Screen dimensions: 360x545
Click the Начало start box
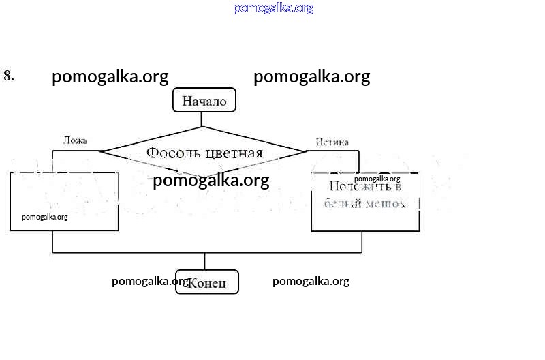click(x=204, y=101)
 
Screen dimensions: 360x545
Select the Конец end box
click(x=207, y=282)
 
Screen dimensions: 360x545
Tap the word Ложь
click(x=75, y=140)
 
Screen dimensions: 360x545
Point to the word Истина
click(x=332, y=142)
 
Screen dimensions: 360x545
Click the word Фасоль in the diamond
click(x=169, y=152)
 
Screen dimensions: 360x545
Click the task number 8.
click(x=9, y=76)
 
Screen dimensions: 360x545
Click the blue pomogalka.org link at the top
click(x=273, y=8)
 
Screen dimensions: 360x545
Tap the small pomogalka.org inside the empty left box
click(x=45, y=217)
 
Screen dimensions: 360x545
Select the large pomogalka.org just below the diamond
click(x=211, y=181)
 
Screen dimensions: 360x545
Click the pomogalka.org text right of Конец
click(x=311, y=281)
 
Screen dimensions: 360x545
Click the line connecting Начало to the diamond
click(x=202, y=119)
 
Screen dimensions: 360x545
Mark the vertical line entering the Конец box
click(x=205, y=261)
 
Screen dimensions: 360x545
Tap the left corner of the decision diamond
click(x=99, y=151)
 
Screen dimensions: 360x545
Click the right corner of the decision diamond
click(x=304, y=151)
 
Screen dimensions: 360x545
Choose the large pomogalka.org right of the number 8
click(x=110, y=77)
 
